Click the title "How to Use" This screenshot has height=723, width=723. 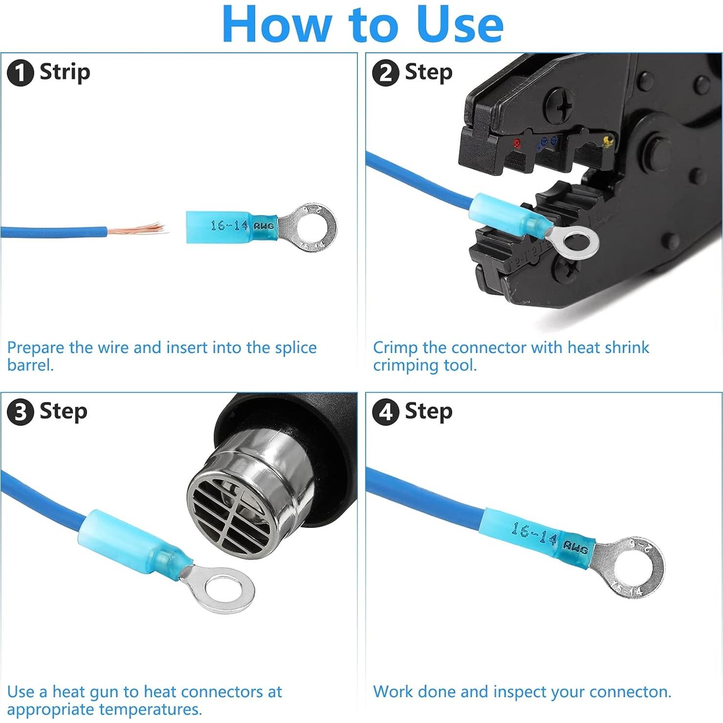coord(362,24)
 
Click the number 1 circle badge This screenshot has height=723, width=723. coord(20,73)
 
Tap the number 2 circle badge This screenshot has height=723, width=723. coord(385,73)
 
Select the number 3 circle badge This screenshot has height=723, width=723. coord(20,412)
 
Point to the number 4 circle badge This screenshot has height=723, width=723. coord(385,412)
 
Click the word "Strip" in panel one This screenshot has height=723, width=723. coord(65,72)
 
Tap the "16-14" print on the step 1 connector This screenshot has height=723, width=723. coord(229,225)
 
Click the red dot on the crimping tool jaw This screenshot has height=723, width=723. coord(517,143)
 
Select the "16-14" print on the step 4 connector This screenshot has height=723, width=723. coord(533,534)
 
